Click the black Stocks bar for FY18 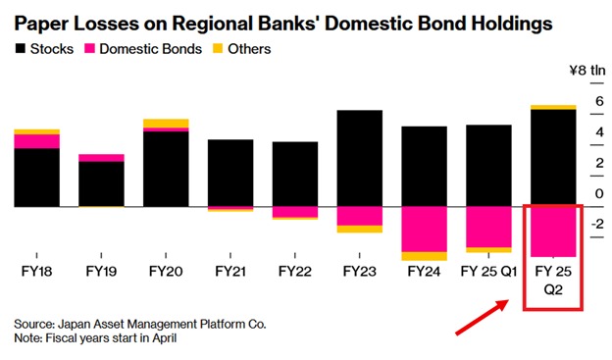point(36,178)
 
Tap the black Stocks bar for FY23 point(359,158)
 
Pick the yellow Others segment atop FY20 point(166,124)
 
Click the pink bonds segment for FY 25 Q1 point(488,228)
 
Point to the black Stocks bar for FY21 point(230,173)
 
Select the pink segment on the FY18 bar point(36,141)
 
